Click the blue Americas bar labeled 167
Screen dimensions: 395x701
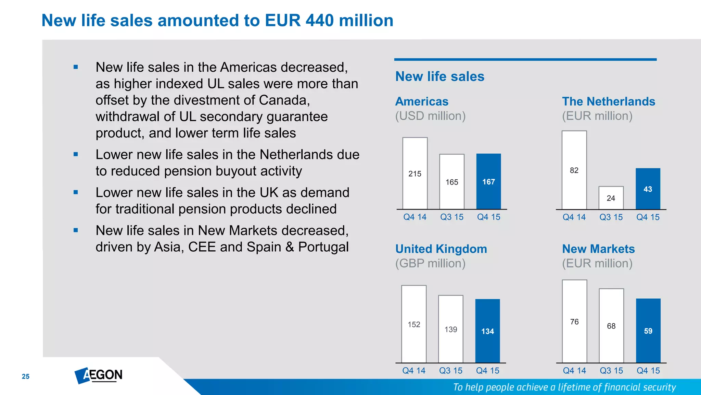pyautogui.click(x=488, y=181)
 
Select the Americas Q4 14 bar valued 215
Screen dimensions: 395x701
pyautogui.click(x=415, y=173)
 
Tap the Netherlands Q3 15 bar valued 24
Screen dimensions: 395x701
pyautogui.click(x=611, y=198)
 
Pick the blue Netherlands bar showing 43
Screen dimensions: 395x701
pyautogui.click(x=648, y=189)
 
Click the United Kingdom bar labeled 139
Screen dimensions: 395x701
pyautogui.click(x=451, y=329)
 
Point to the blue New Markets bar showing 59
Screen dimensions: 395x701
pyautogui.click(x=648, y=331)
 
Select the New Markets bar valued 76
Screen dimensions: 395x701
pyautogui.click(x=574, y=321)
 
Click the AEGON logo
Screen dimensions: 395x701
pyautogui.click(x=99, y=375)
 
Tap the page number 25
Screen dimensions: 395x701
pyautogui.click(x=26, y=376)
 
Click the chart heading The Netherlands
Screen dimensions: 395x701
pyautogui.click(x=608, y=101)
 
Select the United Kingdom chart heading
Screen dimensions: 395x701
pyautogui.click(x=441, y=249)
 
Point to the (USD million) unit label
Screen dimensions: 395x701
pyautogui.click(x=430, y=116)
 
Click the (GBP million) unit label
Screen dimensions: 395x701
pyautogui.click(x=430, y=263)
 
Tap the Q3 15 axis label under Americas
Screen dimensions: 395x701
pyautogui.click(x=451, y=217)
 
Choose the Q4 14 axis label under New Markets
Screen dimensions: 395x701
pyautogui.click(x=574, y=371)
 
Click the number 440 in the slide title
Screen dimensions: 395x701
pyautogui.click(x=319, y=21)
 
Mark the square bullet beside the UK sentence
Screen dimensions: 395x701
pyautogui.click(x=76, y=192)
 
